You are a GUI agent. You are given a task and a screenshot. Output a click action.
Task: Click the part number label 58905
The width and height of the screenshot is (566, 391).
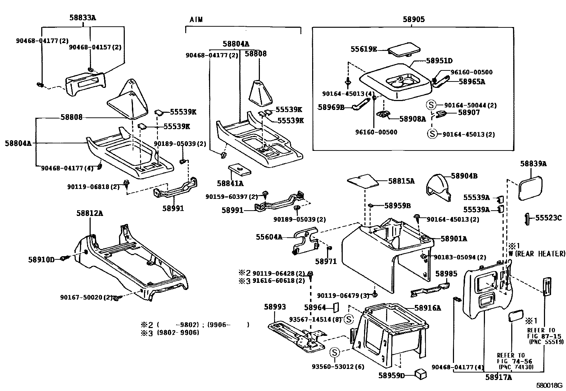[x=413, y=20]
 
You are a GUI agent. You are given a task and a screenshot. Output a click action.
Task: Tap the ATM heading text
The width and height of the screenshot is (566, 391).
[x=196, y=20]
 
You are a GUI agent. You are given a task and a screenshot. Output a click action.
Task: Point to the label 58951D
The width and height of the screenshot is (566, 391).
[x=439, y=61]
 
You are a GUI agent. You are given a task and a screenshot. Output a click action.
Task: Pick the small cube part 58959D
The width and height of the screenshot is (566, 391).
[x=421, y=374]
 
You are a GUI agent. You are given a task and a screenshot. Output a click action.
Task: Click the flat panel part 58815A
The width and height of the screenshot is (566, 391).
[x=363, y=180]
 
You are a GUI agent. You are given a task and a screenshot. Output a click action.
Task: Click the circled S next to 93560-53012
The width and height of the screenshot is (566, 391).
[x=335, y=353]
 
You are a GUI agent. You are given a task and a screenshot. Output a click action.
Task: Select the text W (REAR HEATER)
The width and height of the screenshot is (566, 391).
[x=537, y=254]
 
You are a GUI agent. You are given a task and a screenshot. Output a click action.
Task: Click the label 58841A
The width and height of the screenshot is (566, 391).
[x=230, y=183]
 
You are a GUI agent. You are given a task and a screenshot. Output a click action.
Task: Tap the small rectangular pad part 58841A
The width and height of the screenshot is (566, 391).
[x=239, y=169]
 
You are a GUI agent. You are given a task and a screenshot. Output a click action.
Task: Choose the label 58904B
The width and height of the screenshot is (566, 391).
[x=464, y=176]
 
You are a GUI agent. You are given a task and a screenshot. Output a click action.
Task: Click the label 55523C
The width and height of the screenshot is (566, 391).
[x=549, y=218]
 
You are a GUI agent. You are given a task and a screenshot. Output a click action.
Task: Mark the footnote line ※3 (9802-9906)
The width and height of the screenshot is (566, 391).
[x=170, y=333]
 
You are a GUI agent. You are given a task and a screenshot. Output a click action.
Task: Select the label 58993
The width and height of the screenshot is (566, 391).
[x=275, y=306]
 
